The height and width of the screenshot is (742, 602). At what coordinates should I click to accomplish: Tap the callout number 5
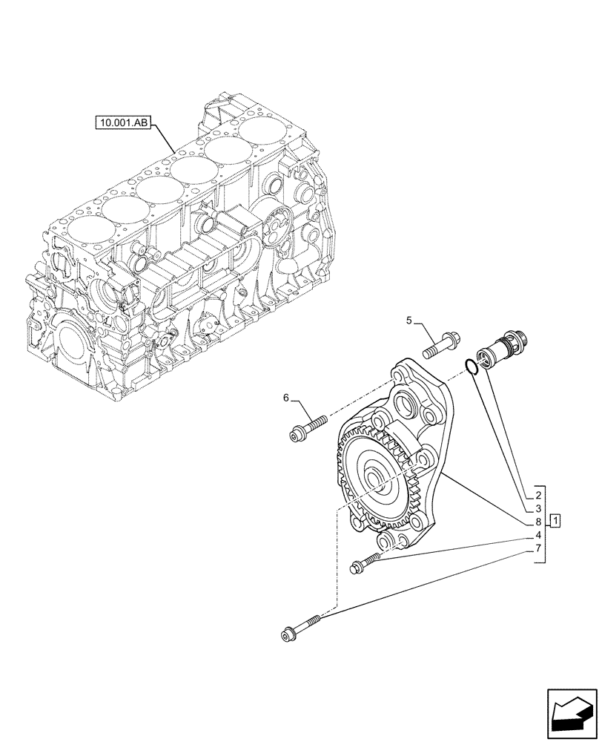(408, 321)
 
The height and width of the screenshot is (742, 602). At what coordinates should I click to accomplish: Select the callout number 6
(286, 398)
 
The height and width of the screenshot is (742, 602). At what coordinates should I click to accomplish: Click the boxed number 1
(555, 519)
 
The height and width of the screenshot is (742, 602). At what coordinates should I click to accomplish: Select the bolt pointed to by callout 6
(308, 427)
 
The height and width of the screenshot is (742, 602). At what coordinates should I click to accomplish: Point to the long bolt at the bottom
(301, 626)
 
